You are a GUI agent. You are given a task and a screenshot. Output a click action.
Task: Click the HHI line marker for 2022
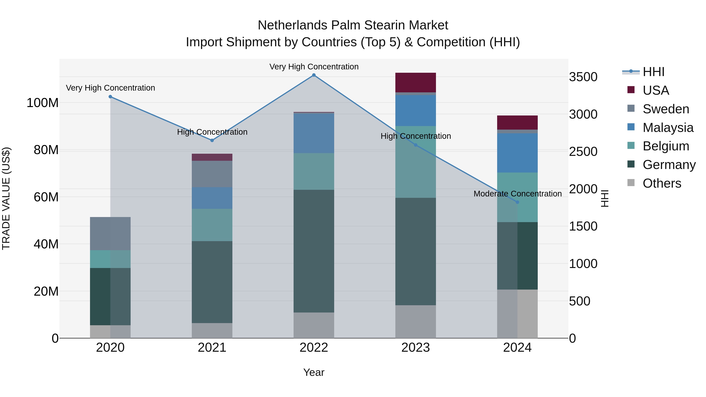point(314,75)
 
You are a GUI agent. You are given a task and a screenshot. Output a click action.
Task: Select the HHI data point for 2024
point(517,202)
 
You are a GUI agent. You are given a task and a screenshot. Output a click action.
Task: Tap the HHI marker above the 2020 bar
point(110,97)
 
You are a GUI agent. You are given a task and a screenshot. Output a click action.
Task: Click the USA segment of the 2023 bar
point(416,83)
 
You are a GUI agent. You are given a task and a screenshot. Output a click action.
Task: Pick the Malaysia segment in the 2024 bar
point(517,153)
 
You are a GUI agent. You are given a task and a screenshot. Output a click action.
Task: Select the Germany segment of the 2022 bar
point(314,251)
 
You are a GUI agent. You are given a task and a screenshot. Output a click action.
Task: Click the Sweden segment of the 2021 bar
point(212,174)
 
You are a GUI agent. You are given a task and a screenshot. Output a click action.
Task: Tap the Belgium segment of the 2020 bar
point(110,259)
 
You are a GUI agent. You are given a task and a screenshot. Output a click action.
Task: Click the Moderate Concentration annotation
point(517,194)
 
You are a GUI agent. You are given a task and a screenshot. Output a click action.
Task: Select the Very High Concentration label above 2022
point(314,67)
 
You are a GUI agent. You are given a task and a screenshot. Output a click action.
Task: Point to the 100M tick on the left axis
point(43,103)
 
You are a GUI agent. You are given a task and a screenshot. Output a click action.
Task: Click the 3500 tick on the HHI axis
point(583,77)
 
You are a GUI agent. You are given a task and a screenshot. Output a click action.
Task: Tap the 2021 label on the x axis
point(212,348)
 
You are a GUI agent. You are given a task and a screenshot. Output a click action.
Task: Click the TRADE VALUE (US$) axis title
point(6,198)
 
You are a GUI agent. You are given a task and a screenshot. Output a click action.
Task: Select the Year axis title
point(314,372)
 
